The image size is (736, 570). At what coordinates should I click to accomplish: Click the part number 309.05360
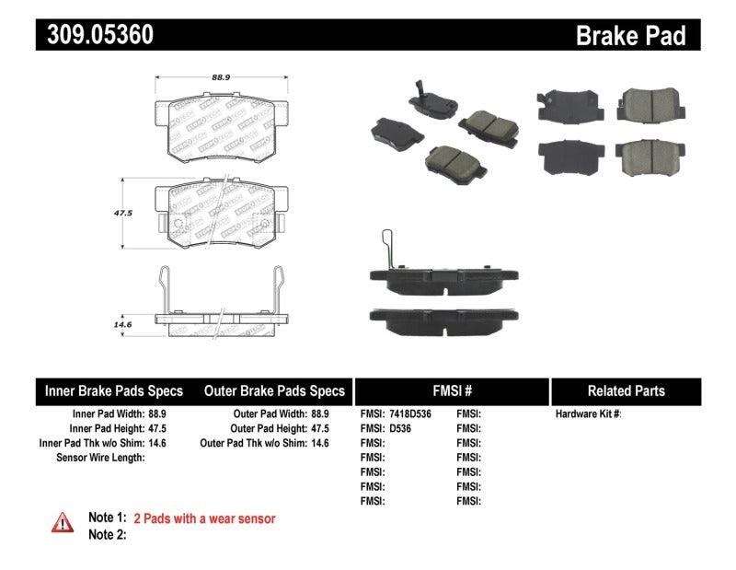pyautogui.click(x=95, y=35)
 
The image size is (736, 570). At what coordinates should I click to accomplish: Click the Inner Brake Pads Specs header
pyautogui.click(x=114, y=391)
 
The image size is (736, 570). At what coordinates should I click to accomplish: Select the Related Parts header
pyautogui.click(x=626, y=391)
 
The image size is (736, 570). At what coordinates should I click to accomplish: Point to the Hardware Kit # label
pyautogui.click(x=589, y=414)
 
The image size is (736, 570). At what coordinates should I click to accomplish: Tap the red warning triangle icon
pyautogui.click(x=63, y=522)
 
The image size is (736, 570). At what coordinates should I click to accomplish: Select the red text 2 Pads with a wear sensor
pyautogui.click(x=204, y=518)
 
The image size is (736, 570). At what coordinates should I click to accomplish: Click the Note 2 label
pyautogui.click(x=107, y=534)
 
